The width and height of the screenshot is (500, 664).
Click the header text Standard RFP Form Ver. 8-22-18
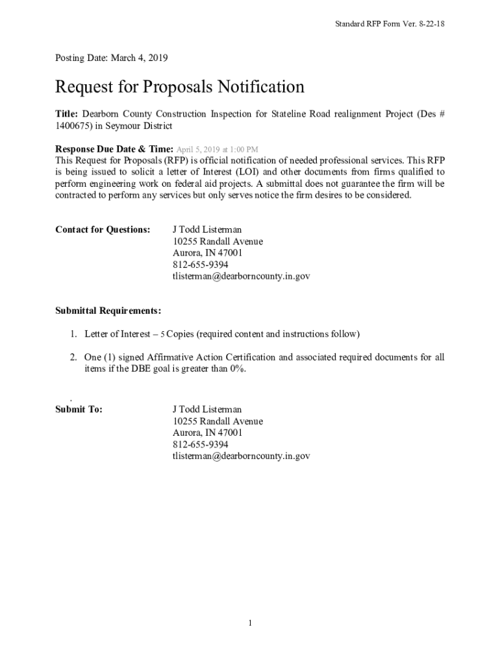pyautogui.click(x=390, y=24)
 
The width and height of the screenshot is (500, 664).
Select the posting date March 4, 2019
pyautogui.click(x=140, y=58)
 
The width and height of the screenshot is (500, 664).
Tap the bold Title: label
pyautogui.click(x=67, y=114)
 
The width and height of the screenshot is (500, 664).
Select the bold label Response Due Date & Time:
pyautogui.click(x=114, y=149)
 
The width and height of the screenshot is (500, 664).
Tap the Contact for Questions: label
pyautogui.click(x=103, y=230)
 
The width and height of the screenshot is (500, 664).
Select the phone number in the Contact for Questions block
pyautogui.click(x=201, y=265)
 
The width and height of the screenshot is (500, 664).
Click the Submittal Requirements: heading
pyautogui.click(x=108, y=311)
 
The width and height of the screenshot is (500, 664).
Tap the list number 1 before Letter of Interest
pyautogui.click(x=74, y=334)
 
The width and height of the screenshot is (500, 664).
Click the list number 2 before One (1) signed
pyautogui.click(x=74, y=357)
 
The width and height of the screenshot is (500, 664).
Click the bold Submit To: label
pyautogui.click(x=79, y=409)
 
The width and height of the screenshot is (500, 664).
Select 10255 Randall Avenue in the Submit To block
pyautogui.click(x=218, y=421)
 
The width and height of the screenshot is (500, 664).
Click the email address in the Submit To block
pyautogui.click(x=241, y=456)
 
